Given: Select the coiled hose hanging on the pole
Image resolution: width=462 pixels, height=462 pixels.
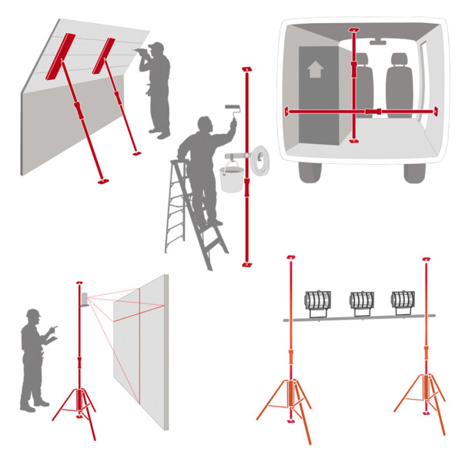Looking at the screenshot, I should click(260, 161).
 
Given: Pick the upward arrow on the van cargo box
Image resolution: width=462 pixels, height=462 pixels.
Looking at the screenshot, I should click(314, 69).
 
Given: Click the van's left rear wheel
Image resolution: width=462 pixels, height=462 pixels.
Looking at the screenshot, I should click(310, 171).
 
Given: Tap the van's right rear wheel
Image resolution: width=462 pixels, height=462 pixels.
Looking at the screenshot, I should click(414, 171).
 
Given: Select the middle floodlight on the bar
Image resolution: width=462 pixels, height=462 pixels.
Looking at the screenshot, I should click(361, 303).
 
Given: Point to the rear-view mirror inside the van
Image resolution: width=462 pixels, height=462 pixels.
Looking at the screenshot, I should click(377, 42).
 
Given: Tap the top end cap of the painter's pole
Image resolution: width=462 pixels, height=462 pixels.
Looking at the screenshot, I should click(246, 70).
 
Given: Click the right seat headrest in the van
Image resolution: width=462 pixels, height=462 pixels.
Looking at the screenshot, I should click(398, 59).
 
